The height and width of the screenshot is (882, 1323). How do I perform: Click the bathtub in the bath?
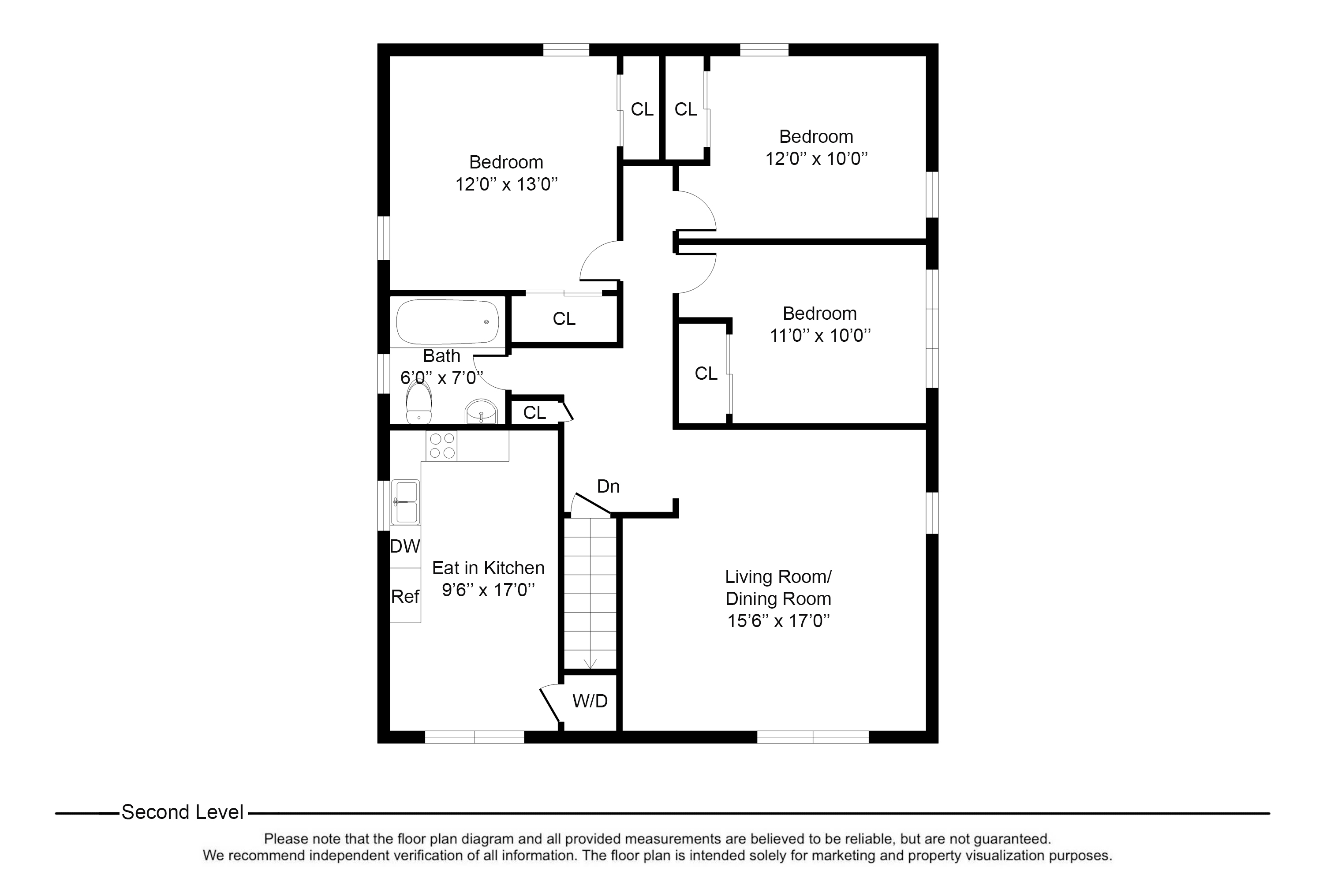(x=447, y=322)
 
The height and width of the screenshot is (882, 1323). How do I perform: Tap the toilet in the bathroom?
(x=419, y=404)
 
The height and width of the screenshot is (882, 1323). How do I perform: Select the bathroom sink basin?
(x=481, y=412)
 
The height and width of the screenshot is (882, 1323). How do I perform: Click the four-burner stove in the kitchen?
(x=441, y=445)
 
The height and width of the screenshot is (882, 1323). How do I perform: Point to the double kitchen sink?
(x=405, y=502)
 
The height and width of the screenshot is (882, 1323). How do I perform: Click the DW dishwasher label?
(x=405, y=546)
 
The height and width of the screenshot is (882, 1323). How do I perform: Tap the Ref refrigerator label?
(x=405, y=596)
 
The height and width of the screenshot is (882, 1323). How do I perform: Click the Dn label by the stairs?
(x=608, y=486)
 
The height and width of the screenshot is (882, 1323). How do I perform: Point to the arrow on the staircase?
(x=590, y=664)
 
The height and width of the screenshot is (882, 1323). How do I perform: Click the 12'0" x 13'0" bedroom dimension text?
(x=506, y=184)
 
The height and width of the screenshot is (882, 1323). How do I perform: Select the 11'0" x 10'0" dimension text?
(x=819, y=336)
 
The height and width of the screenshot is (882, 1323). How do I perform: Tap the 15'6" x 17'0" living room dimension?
(x=778, y=621)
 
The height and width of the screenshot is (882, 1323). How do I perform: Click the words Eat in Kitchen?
(x=488, y=568)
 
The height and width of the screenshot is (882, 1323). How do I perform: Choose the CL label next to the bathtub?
(x=564, y=319)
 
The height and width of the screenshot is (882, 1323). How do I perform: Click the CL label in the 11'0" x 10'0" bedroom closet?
(x=706, y=374)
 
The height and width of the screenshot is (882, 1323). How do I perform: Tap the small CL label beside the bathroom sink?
(x=534, y=413)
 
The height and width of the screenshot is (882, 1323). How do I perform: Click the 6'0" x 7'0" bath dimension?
(x=441, y=377)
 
